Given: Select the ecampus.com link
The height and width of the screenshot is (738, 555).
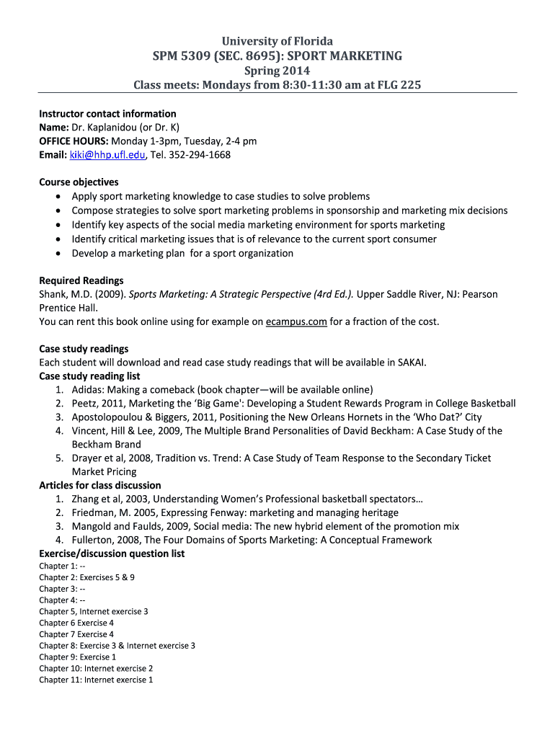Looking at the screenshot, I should (296, 321).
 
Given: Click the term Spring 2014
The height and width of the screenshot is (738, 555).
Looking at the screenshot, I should (277, 71).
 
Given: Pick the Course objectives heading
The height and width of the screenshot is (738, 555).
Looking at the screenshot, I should (79, 182).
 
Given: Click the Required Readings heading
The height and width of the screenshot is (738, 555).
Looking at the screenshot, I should (81, 280).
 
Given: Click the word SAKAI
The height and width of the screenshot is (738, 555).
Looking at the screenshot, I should (411, 363).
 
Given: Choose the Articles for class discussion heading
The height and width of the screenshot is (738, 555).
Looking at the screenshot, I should (100, 485).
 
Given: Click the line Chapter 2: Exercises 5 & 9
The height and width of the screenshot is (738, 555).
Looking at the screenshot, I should (86, 577).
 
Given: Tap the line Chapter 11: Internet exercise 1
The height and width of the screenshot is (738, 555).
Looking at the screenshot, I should (96, 680).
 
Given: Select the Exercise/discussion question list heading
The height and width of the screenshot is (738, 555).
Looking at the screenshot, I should (112, 553).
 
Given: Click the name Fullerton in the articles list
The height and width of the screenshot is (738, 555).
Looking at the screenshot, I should (93, 540).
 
